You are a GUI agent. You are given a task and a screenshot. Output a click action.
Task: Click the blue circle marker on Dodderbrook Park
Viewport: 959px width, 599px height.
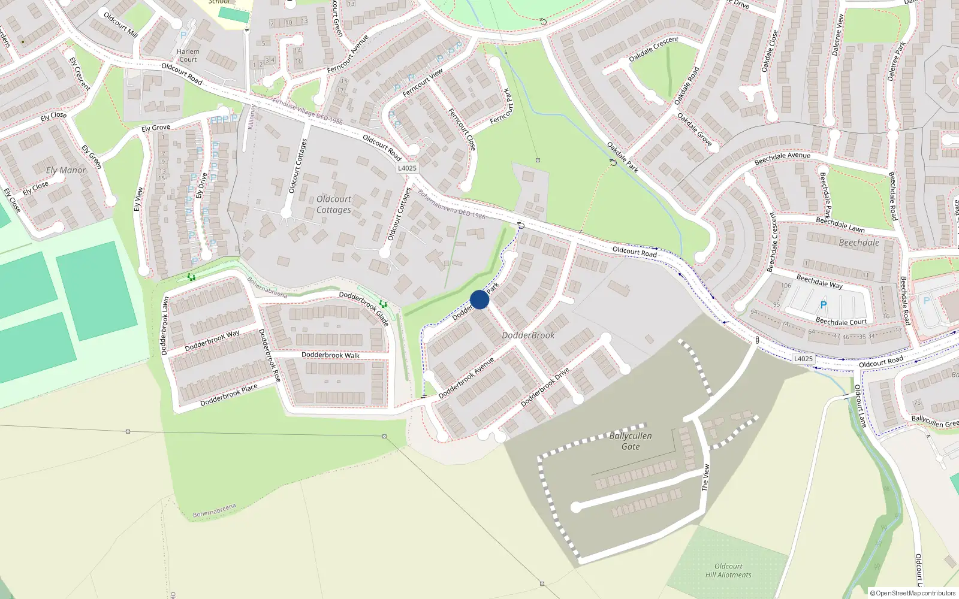[479, 299]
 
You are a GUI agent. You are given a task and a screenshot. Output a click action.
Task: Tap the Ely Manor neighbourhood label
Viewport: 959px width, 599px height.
[66, 171]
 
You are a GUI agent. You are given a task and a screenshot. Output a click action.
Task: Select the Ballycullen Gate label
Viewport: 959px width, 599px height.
[631, 441]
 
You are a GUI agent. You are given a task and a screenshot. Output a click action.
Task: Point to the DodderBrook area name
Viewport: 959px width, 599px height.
[528, 335]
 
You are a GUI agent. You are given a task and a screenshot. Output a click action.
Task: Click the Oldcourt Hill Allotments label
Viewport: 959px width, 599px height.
[728, 570]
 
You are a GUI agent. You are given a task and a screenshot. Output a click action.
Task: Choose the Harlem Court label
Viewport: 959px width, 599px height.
[188, 56]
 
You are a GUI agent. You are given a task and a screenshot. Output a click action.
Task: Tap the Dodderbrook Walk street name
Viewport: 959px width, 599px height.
[330, 355]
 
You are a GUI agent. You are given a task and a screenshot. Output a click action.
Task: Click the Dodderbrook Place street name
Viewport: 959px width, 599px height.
[228, 395]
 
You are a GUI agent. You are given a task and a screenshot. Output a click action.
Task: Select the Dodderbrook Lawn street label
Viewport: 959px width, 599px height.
[165, 326]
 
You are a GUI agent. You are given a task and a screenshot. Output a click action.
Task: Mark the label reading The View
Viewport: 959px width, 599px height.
[705, 478]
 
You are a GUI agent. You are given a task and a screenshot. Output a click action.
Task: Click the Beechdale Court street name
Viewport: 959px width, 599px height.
[841, 322]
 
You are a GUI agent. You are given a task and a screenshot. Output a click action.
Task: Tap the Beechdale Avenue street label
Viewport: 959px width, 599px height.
[782, 159]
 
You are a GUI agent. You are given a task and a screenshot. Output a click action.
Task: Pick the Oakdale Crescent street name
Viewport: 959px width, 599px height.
[653, 49]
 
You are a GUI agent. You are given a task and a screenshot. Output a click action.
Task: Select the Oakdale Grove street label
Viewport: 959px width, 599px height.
[695, 130]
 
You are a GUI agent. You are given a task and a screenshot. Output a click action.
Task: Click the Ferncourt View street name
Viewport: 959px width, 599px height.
[423, 83]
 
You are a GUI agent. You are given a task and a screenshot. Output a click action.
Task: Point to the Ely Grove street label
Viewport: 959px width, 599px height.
[156, 128]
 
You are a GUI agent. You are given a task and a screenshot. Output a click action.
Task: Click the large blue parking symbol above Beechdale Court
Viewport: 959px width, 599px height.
[824, 305]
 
